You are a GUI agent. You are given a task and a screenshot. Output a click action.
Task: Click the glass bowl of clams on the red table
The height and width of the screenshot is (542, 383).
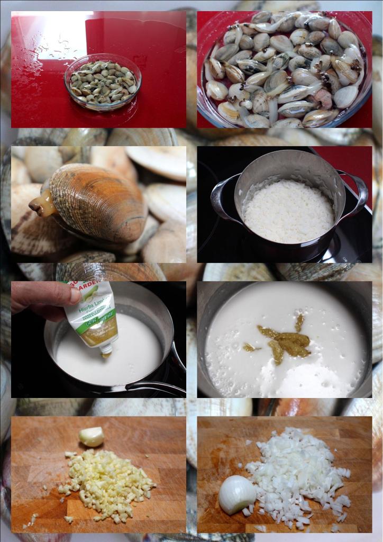[x=103, y=83]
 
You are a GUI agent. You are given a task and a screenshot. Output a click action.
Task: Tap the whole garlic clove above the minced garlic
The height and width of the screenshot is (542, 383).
[x=92, y=437]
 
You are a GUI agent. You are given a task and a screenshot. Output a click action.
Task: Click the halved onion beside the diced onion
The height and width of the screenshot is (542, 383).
[x=236, y=494]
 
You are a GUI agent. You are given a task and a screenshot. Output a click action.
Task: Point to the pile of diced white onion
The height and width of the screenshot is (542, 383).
[x=296, y=474]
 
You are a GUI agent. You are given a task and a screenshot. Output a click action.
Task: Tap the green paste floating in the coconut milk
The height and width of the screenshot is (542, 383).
[x=286, y=341]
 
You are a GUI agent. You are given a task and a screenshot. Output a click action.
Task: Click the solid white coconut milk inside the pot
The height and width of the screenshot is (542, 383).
[x=288, y=211]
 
